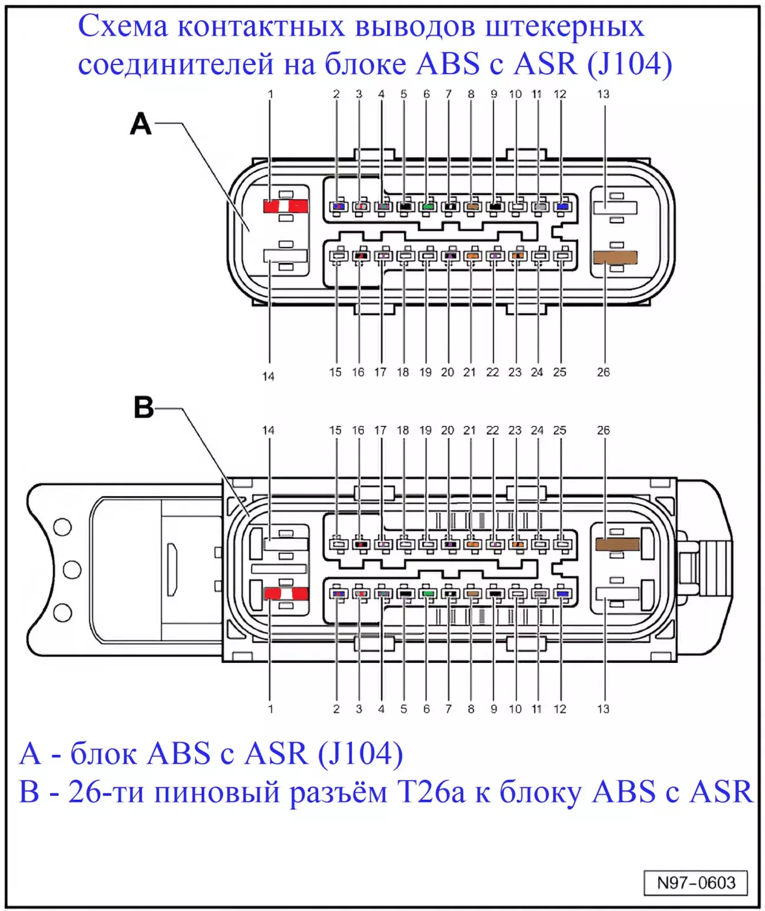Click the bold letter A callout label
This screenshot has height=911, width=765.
[x=140, y=124]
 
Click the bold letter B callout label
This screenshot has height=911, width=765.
[x=143, y=408]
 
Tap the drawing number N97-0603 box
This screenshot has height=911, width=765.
[x=695, y=883]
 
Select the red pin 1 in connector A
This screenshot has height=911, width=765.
[x=285, y=206]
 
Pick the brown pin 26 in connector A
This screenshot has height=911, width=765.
[x=615, y=258]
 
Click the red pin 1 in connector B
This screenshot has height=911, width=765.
[x=286, y=593]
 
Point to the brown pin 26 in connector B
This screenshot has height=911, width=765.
[x=617, y=544]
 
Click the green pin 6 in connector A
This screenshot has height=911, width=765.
[x=428, y=207]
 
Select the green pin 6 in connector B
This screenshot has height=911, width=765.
[x=428, y=593]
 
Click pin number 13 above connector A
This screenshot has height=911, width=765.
[x=603, y=94]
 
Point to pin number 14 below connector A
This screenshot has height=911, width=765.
[x=269, y=376]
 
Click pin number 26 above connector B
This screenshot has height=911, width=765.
[x=603, y=430]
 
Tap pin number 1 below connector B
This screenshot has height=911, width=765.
[x=270, y=709]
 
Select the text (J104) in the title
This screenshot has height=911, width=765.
[x=630, y=64]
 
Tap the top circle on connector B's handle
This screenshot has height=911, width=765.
[x=63, y=527]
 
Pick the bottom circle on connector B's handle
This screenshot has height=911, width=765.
[x=63, y=613]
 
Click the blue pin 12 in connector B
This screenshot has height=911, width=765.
[x=562, y=593]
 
